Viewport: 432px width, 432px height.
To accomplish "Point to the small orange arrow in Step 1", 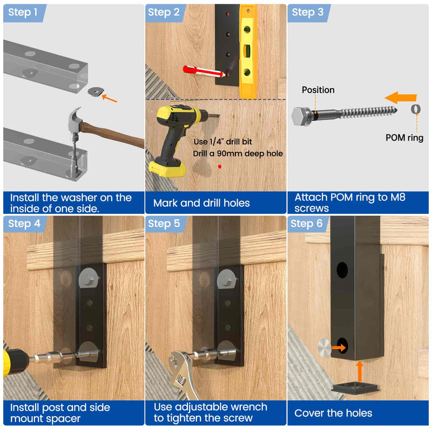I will click(110, 98).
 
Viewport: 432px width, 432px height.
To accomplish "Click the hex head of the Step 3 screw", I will click(301, 115).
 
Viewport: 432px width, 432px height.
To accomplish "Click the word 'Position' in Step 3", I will click(318, 90).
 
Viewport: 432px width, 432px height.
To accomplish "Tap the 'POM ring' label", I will click(404, 137).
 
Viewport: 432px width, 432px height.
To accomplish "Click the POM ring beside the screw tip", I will click(415, 109).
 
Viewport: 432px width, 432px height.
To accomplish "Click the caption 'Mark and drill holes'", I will click(201, 203).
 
